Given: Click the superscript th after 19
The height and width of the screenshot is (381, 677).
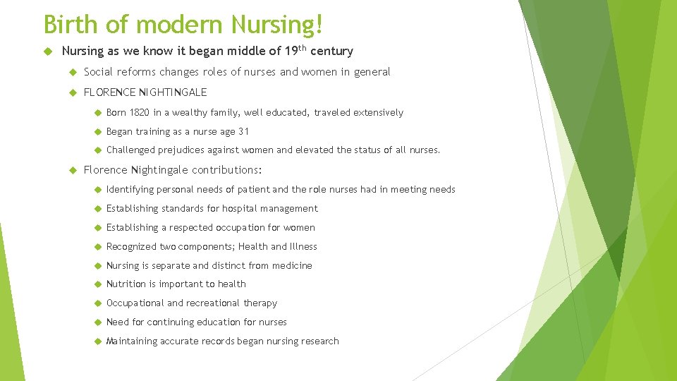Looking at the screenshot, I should (299, 47).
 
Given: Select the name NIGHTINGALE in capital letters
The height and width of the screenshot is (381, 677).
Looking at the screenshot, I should (174, 92).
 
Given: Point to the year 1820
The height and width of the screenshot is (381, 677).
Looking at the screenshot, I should (139, 113).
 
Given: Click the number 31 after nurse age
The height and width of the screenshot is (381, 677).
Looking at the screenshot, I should (243, 132).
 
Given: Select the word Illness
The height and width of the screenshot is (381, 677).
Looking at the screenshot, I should (303, 247).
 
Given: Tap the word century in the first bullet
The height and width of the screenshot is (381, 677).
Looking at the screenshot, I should (331, 51).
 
